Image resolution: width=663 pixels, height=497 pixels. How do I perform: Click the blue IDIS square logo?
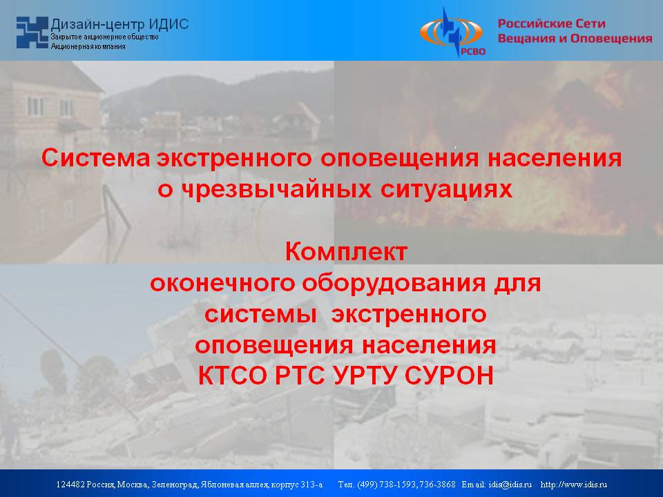pos(32,32)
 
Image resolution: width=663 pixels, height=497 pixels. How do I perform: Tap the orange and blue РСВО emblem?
pos(452,32)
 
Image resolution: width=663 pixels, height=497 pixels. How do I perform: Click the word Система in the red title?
pos(96,159)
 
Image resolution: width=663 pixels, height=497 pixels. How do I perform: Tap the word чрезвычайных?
pos(276,189)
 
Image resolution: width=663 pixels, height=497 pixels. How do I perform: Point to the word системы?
pos(261,315)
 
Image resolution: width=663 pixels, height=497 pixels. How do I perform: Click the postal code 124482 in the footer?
pos(70,485)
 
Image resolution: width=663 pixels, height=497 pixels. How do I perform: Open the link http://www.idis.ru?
pos(574,485)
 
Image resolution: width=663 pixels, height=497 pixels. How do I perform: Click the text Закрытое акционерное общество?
pos(105,37)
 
